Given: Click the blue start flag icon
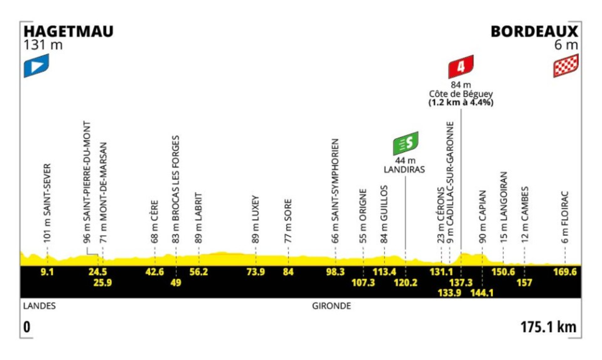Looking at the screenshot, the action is (x=37, y=66).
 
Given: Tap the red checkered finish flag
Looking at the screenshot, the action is (x=565, y=66).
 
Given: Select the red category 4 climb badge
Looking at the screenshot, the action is (x=461, y=66).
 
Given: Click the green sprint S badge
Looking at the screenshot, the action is (x=405, y=143).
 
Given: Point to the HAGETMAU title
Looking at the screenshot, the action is (x=69, y=32).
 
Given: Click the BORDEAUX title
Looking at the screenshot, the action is (x=534, y=32).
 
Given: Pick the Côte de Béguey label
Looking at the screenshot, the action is (x=461, y=94).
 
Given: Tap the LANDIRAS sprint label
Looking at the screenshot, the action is (x=405, y=169).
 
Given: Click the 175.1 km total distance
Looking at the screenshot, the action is (x=548, y=327).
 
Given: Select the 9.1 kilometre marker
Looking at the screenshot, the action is (x=47, y=272).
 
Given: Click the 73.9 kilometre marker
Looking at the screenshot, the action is (x=256, y=272).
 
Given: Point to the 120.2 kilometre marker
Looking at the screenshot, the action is (x=405, y=283).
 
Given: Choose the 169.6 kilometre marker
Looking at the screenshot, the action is (x=565, y=272).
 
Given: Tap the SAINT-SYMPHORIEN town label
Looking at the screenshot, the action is (x=335, y=180).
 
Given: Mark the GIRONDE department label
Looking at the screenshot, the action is (x=331, y=306).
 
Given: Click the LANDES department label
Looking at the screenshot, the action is (x=40, y=306).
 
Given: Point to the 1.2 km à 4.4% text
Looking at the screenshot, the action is (x=461, y=102).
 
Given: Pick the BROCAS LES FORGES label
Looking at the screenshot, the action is (x=175, y=178).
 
